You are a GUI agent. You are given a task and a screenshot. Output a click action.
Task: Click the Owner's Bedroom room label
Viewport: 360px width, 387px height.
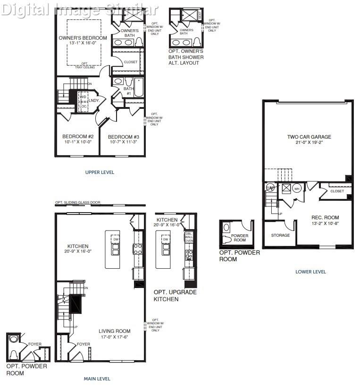[83, 38]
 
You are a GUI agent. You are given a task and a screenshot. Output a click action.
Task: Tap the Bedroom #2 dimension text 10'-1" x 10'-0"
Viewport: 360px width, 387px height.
[76, 142]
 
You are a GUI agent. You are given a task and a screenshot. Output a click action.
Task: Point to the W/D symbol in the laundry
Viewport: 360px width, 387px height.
[83, 97]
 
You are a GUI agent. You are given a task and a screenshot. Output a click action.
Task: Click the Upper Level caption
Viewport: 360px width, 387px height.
[100, 173]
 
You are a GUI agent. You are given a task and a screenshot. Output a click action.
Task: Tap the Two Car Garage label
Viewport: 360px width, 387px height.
[309, 137]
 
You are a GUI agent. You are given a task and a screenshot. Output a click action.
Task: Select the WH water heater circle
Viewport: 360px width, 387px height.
[297, 189]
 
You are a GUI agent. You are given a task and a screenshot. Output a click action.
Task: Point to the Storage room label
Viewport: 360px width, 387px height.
[280, 235]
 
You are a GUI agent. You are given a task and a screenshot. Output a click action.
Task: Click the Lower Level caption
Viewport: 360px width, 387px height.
[310, 272]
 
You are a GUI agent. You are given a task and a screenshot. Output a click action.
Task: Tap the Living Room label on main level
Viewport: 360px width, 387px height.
[114, 331]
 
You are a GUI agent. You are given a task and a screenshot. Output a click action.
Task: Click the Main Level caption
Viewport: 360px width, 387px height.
[97, 379]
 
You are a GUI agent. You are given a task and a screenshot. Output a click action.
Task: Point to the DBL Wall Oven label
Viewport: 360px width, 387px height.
[189, 237]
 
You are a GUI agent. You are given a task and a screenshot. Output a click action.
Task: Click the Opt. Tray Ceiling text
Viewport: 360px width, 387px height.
[85, 66]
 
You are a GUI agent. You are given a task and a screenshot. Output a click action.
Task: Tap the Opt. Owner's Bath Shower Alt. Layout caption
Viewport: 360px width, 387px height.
[186, 57]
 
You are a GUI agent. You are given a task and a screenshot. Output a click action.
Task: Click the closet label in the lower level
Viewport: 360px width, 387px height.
[337, 191]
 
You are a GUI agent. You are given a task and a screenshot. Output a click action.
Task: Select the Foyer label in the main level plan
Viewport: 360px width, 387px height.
[84, 344]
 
